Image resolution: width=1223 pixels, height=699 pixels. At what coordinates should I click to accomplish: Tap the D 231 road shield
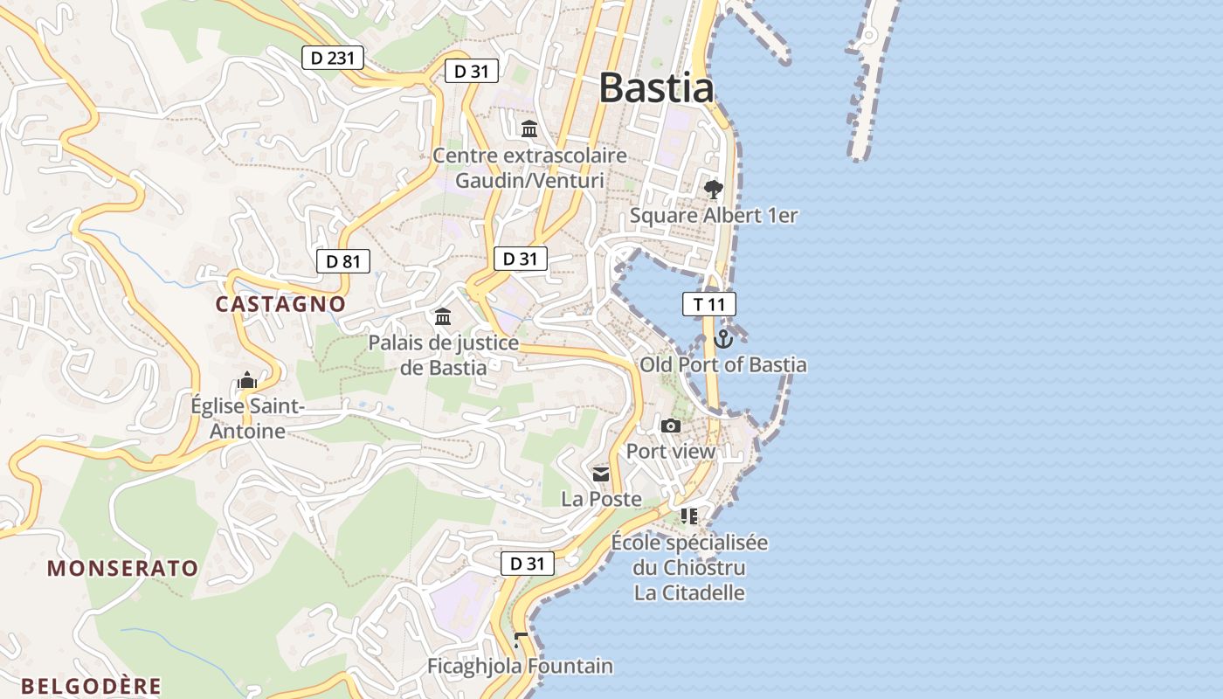[333, 59]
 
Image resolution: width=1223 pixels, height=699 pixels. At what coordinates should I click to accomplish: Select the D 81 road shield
[343, 260]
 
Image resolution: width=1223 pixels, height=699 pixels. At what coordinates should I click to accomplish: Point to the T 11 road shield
[708, 304]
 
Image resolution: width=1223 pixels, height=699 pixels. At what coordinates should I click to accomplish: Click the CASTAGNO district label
[280, 304]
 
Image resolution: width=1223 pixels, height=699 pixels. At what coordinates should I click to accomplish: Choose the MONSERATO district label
[123, 568]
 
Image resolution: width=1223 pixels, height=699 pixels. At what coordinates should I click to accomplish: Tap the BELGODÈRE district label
[92, 686]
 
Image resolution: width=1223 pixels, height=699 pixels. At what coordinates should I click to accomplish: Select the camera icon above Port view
[671, 426]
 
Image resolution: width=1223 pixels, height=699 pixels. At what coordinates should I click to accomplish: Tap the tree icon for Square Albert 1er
[714, 189]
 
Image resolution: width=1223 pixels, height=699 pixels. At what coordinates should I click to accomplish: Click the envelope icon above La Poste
[601, 474]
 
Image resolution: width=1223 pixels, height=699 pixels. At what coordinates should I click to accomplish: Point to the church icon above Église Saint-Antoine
[247, 381]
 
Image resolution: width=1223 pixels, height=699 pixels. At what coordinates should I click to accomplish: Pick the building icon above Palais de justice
[443, 316]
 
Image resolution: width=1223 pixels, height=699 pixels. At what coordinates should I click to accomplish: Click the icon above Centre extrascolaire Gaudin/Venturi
[529, 129]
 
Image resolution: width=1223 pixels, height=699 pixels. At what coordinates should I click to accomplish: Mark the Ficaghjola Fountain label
[520, 666]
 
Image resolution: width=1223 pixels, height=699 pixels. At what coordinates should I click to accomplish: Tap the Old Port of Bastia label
[723, 364]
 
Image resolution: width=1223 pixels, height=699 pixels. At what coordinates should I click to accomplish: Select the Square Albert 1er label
[714, 215]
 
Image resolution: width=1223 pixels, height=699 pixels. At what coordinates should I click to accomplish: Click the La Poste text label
[601, 499]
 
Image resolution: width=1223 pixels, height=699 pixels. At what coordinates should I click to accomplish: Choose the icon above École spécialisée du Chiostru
[689, 516]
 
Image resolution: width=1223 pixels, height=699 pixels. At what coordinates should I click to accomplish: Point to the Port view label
[671, 452]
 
